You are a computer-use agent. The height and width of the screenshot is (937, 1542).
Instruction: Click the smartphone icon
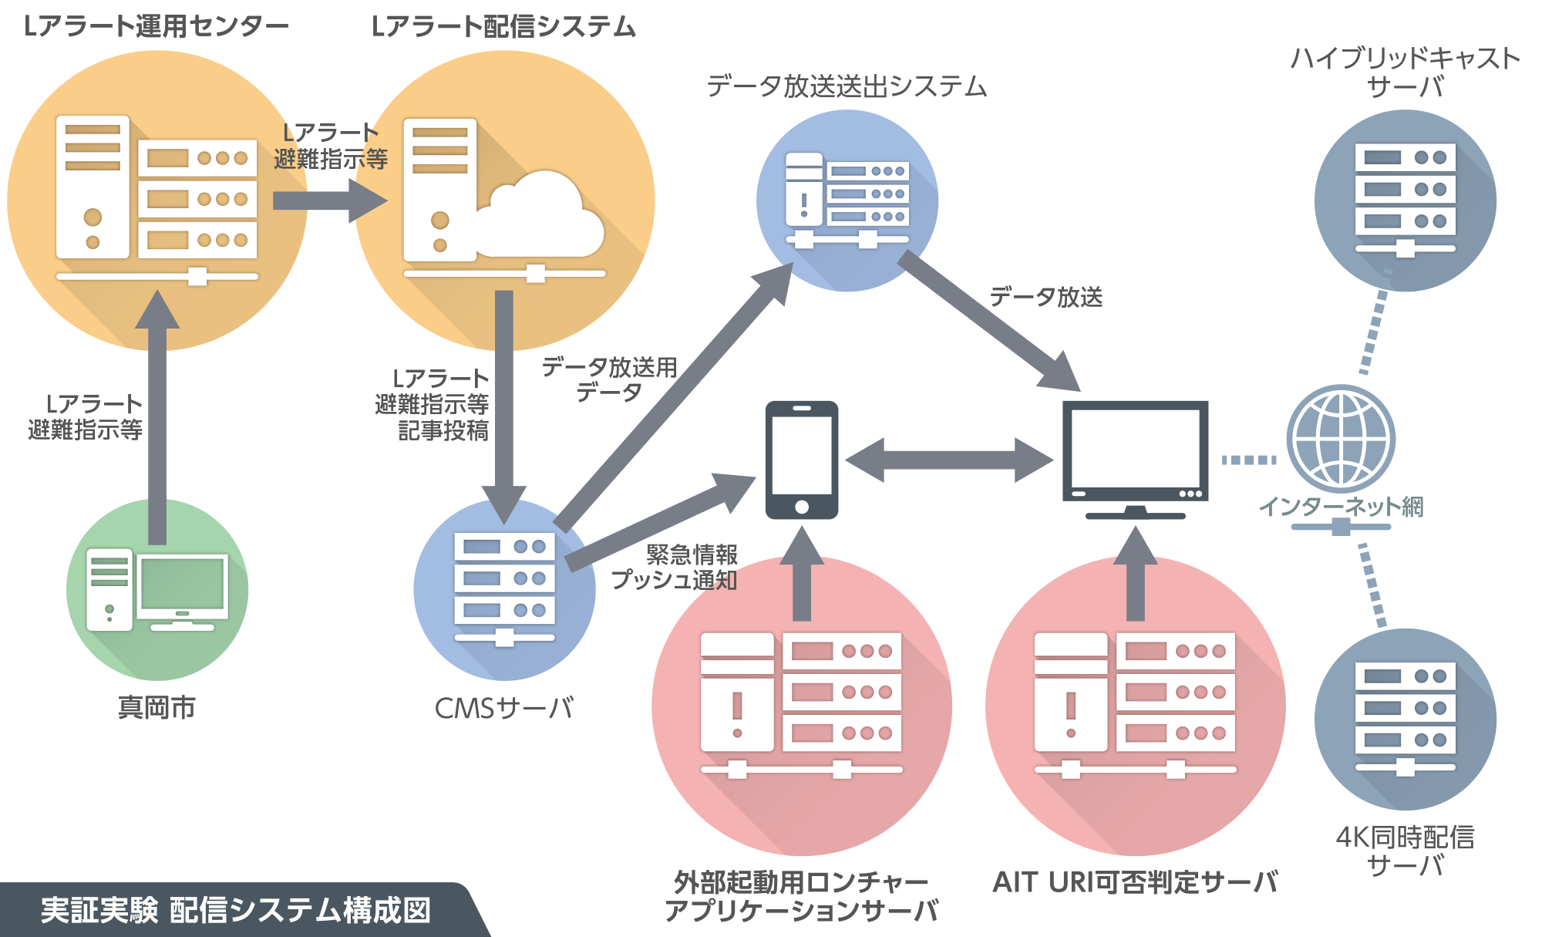coord(801,460)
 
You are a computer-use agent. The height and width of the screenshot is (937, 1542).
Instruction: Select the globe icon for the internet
coord(1341,438)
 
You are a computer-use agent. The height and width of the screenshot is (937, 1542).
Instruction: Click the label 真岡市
coord(157,707)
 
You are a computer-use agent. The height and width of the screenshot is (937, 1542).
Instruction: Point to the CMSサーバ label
coord(504,708)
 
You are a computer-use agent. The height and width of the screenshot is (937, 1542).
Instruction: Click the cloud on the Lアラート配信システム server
coord(540,216)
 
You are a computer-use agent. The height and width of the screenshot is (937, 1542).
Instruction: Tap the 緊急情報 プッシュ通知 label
coord(675,567)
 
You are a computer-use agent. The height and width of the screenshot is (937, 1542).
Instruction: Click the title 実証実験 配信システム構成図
coord(235,910)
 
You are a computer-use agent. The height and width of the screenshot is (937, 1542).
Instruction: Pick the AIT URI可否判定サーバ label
coord(1135,882)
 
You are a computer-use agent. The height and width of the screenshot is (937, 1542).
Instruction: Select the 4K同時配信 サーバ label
coord(1405,851)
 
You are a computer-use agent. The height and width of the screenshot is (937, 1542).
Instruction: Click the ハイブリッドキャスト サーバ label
coord(1405,72)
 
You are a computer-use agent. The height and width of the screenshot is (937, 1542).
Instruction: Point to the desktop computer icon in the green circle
coord(157,590)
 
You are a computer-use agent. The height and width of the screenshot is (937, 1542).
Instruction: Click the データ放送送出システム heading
coord(847,86)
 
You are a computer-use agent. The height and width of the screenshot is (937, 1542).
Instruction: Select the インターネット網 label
coord(1341,507)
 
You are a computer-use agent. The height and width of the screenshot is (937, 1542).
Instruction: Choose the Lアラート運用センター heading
coord(157,27)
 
